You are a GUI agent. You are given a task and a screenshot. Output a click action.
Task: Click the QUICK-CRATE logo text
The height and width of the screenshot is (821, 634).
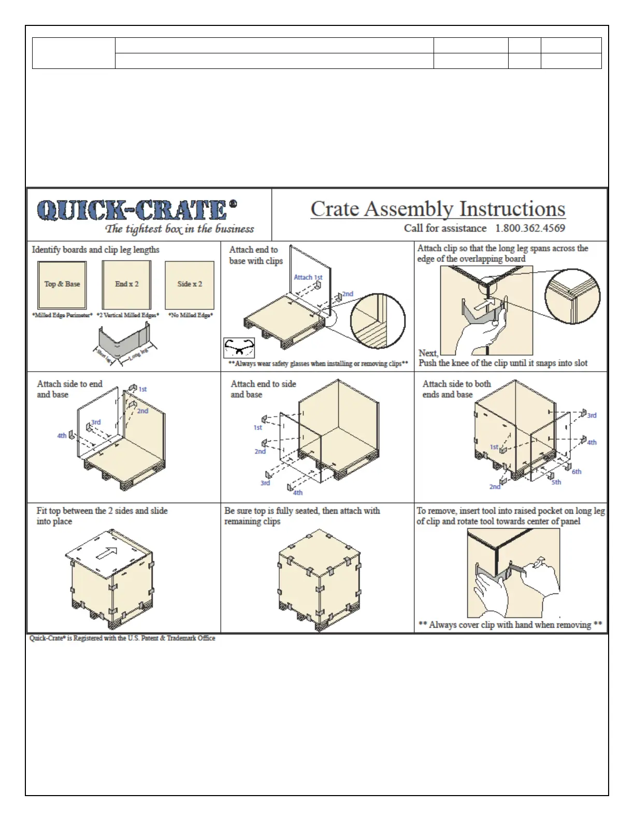[132, 210]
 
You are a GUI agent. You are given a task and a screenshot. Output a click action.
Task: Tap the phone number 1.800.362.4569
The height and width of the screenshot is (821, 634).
[530, 228]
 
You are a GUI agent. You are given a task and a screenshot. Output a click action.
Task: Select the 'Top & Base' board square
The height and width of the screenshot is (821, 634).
[62, 285]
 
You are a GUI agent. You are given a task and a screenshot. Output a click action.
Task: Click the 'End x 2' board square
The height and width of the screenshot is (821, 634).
[126, 285]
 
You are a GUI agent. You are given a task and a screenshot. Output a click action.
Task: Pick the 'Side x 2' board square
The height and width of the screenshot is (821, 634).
[190, 285]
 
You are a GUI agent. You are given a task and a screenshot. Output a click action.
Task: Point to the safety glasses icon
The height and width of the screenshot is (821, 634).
[239, 347]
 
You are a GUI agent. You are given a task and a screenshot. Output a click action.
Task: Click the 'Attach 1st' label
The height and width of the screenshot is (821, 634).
[308, 277]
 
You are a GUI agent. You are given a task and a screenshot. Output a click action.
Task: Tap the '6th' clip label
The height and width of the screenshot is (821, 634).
[577, 472]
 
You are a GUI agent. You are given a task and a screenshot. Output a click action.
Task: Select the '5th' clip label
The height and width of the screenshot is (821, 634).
[556, 482]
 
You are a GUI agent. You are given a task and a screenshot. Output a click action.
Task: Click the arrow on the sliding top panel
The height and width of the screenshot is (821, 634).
[107, 554]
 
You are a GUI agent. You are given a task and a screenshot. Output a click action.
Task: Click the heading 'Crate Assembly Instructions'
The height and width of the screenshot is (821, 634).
[438, 209]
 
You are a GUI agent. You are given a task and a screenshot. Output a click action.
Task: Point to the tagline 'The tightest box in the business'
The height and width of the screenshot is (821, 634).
[180, 229]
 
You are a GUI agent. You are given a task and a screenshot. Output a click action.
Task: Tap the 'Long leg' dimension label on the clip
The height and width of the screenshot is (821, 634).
[138, 354]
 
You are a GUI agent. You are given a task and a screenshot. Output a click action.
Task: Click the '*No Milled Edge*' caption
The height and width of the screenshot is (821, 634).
[191, 315]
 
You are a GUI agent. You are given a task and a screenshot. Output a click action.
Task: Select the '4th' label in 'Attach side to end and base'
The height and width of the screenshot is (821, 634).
[62, 435]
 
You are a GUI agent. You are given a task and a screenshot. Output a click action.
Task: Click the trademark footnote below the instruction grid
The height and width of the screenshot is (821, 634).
[122, 638]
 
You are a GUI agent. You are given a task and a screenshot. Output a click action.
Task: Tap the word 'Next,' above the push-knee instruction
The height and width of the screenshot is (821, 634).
[428, 353]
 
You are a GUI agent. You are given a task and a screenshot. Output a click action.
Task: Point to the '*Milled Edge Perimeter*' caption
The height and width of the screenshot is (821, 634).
[62, 315]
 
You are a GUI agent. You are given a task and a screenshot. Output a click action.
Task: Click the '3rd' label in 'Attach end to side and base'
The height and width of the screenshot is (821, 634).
[265, 483]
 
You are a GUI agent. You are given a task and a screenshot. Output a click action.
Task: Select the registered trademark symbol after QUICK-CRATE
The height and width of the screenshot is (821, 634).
[233, 204]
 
